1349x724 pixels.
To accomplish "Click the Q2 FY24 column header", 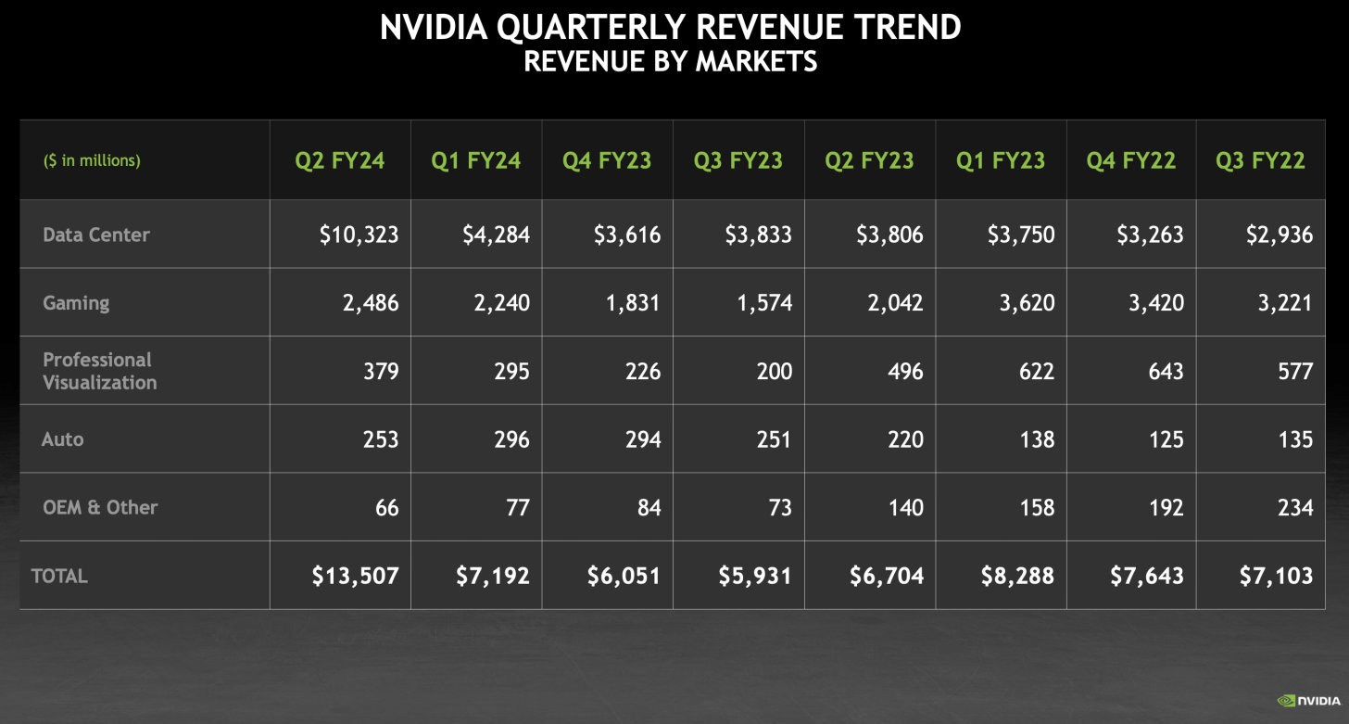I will click(339, 160).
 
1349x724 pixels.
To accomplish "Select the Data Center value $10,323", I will click(359, 235).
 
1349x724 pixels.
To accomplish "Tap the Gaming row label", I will click(76, 303).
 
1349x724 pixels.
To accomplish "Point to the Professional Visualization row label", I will click(99, 371).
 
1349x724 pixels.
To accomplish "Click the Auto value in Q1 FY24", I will click(511, 439).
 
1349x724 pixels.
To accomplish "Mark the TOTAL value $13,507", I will click(355, 576).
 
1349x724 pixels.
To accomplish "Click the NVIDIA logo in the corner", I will click(1308, 701).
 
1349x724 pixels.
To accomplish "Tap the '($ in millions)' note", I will click(92, 160).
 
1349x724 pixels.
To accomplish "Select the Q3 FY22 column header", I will click(1260, 160).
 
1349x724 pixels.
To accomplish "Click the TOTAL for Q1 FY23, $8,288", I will click(1017, 576).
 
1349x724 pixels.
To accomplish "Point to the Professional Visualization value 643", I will click(1165, 371).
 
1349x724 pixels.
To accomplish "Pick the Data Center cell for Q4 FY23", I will click(627, 235).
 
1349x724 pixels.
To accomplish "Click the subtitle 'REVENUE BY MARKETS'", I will click(670, 61).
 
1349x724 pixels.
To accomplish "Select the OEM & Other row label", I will click(100, 507).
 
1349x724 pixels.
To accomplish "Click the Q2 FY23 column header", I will click(869, 160).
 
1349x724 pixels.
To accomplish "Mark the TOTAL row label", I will click(59, 576).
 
